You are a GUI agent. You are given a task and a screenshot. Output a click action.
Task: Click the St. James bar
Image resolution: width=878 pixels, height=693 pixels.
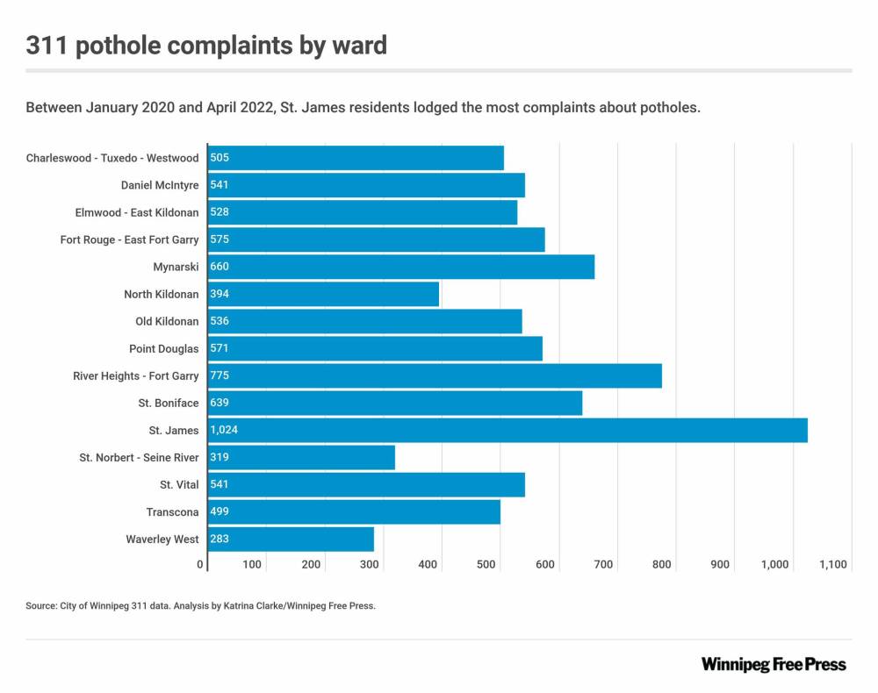(x=507, y=431)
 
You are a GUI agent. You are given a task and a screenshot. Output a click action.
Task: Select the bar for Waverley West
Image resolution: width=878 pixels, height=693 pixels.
(x=291, y=539)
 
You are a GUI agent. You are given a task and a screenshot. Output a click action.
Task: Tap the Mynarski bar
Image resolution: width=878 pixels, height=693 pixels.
(x=400, y=267)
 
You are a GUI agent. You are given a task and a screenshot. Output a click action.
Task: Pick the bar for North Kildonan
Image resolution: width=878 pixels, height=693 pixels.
(x=323, y=294)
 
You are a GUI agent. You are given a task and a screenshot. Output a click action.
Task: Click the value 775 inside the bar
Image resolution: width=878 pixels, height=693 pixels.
(x=219, y=376)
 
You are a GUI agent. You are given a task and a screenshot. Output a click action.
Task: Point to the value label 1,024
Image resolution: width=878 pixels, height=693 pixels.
(x=225, y=431)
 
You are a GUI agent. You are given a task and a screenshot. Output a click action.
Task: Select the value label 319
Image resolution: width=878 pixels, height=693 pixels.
(x=219, y=458)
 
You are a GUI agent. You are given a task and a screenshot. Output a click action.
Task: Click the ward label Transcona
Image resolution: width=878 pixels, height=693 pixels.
(x=172, y=512)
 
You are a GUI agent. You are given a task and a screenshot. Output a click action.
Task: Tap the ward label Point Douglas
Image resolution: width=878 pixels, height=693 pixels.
(x=163, y=349)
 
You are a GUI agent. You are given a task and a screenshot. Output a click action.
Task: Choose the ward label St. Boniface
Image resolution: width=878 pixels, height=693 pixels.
(x=168, y=404)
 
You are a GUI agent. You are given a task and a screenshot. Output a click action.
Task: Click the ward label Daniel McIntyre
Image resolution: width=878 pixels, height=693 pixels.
(x=160, y=185)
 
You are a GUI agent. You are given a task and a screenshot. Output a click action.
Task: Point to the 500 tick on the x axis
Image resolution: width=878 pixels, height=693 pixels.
(x=486, y=565)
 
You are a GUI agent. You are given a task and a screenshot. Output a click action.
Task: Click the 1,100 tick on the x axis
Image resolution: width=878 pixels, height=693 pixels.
(x=832, y=565)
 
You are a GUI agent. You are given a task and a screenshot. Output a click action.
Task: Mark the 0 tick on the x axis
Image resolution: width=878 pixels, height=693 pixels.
(x=201, y=565)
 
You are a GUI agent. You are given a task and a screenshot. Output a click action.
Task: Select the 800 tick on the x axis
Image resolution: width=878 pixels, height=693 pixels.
(x=662, y=565)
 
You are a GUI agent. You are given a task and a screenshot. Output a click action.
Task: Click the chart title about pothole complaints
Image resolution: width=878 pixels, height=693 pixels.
(x=206, y=45)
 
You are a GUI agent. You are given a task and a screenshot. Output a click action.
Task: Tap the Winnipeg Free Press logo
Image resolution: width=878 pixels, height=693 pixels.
(x=774, y=664)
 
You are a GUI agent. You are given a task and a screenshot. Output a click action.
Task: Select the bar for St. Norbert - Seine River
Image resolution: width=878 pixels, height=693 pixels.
(x=301, y=458)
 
